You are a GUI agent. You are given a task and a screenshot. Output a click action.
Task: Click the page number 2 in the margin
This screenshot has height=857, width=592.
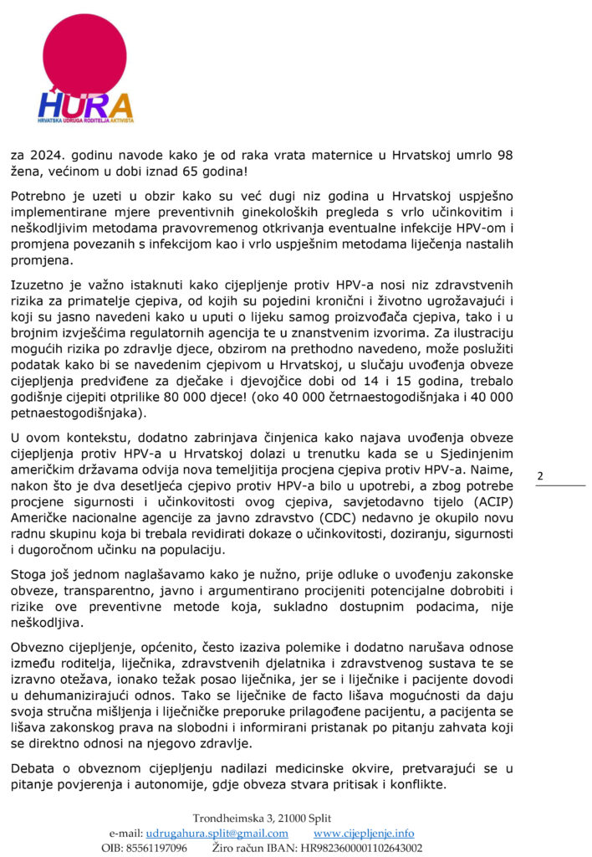539,476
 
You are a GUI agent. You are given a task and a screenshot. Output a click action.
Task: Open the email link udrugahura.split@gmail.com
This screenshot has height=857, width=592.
217,834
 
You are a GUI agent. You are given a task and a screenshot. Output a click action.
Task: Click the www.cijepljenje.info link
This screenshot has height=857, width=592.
364,834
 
